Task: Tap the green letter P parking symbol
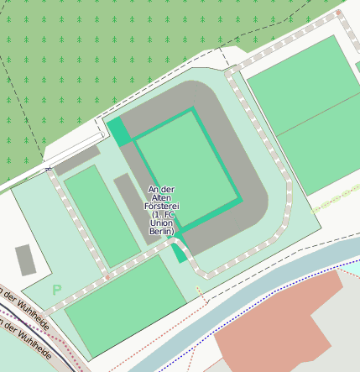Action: (x=56, y=290)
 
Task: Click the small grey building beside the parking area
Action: (x=25, y=259)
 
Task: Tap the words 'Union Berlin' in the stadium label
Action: (x=163, y=227)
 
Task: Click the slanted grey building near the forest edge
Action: (x=77, y=160)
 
